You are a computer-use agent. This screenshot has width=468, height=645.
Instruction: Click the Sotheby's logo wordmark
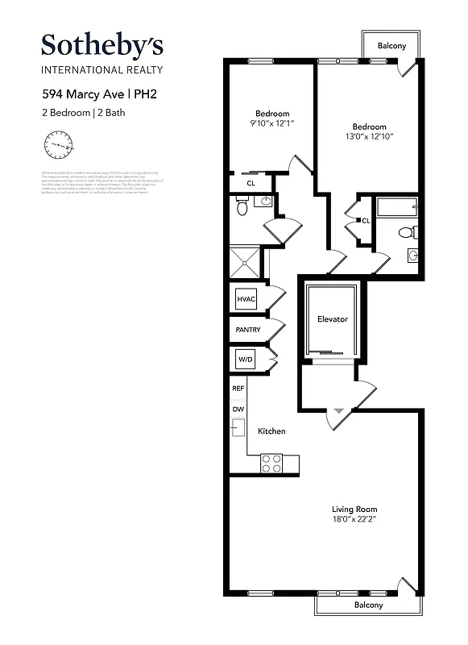tap(102, 44)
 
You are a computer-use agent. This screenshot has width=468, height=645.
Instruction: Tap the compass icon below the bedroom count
tap(58, 147)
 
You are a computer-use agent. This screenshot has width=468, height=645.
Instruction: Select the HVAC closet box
tap(245, 300)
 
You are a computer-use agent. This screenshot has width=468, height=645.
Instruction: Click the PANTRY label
tap(247, 330)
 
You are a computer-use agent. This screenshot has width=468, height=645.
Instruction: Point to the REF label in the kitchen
tap(238, 389)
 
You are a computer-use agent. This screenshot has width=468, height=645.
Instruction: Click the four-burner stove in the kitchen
tap(271, 463)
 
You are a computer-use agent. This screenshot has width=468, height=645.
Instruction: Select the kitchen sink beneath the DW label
tap(238, 428)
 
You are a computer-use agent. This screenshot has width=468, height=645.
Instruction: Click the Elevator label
tap(332, 319)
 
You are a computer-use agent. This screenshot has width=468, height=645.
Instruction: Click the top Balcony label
tap(391, 46)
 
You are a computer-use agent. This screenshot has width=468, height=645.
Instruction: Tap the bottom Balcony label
tap(369, 605)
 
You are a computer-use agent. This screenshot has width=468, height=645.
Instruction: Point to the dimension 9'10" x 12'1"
tap(271, 123)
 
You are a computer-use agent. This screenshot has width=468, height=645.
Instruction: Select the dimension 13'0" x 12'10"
tap(369, 137)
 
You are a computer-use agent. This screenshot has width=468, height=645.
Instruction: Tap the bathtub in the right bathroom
tap(399, 208)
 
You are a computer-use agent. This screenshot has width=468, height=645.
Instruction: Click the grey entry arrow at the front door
tap(338, 411)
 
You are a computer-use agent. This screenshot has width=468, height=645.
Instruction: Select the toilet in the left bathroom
tap(242, 208)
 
